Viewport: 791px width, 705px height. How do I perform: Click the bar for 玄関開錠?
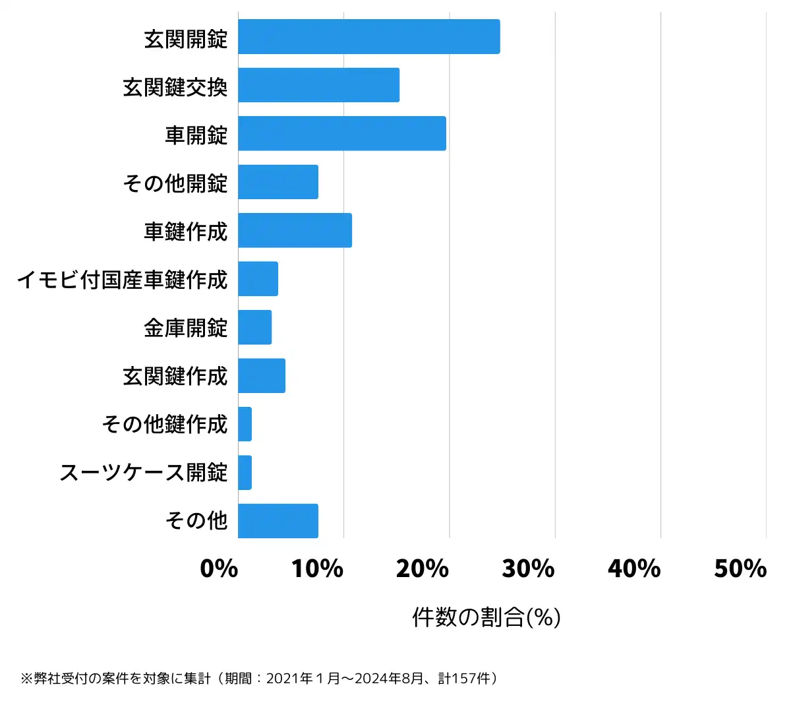(x=368, y=36)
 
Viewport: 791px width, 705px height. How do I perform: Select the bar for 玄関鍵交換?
(x=318, y=85)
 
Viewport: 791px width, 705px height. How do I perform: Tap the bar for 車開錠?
(x=341, y=133)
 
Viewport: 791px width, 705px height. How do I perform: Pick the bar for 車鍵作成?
(x=295, y=230)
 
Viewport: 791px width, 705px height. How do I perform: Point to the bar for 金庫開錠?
(x=254, y=327)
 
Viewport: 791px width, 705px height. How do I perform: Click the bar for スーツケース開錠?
(x=245, y=472)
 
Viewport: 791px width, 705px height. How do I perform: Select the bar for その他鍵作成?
(x=245, y=424)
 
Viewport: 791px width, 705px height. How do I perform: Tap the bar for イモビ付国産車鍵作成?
(x=258, y=279)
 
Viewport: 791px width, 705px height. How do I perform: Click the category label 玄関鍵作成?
(x=175, y=376)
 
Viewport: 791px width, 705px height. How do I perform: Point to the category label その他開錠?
(x=175, y=183)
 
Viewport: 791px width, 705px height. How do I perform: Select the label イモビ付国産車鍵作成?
(x=122, y=280)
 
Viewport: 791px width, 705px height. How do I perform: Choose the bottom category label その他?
(x=196, y=521)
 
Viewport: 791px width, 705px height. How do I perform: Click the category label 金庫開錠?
(x=185, y=328)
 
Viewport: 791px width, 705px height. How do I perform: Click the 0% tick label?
(x=219, y=568)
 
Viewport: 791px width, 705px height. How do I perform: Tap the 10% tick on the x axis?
(x=317, y=568)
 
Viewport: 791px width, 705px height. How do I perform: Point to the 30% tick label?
(x=528, y=568)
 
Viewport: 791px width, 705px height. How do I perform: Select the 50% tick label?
(x=740, y=568)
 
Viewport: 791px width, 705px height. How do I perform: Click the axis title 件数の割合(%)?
(x=486, y=617)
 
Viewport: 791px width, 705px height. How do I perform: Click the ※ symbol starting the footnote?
(x=26, y=679)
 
